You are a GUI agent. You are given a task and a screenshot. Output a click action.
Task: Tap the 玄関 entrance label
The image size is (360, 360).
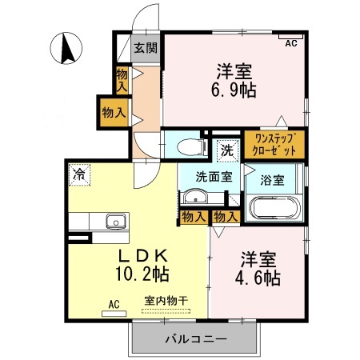click(x=145, y=47)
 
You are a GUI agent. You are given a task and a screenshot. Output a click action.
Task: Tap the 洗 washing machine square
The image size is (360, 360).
click(x=226, y=150)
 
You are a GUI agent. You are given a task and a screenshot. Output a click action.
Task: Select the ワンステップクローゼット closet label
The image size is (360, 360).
click(x=274, y=145)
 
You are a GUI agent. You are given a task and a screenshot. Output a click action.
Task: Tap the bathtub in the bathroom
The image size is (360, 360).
click(x=274, y=209)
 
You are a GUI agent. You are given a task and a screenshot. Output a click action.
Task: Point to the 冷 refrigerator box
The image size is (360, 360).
click(x=80, y=173)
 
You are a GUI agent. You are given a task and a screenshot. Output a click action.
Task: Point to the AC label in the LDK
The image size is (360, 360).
click(x=115, y=304)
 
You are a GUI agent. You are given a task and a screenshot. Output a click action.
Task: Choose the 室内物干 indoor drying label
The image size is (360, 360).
click(x=166, y=302)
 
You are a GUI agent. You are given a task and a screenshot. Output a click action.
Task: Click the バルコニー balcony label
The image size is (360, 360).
click(x=195, y=339)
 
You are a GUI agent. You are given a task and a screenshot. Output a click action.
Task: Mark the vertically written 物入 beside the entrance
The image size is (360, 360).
click(x=122, y=78)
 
